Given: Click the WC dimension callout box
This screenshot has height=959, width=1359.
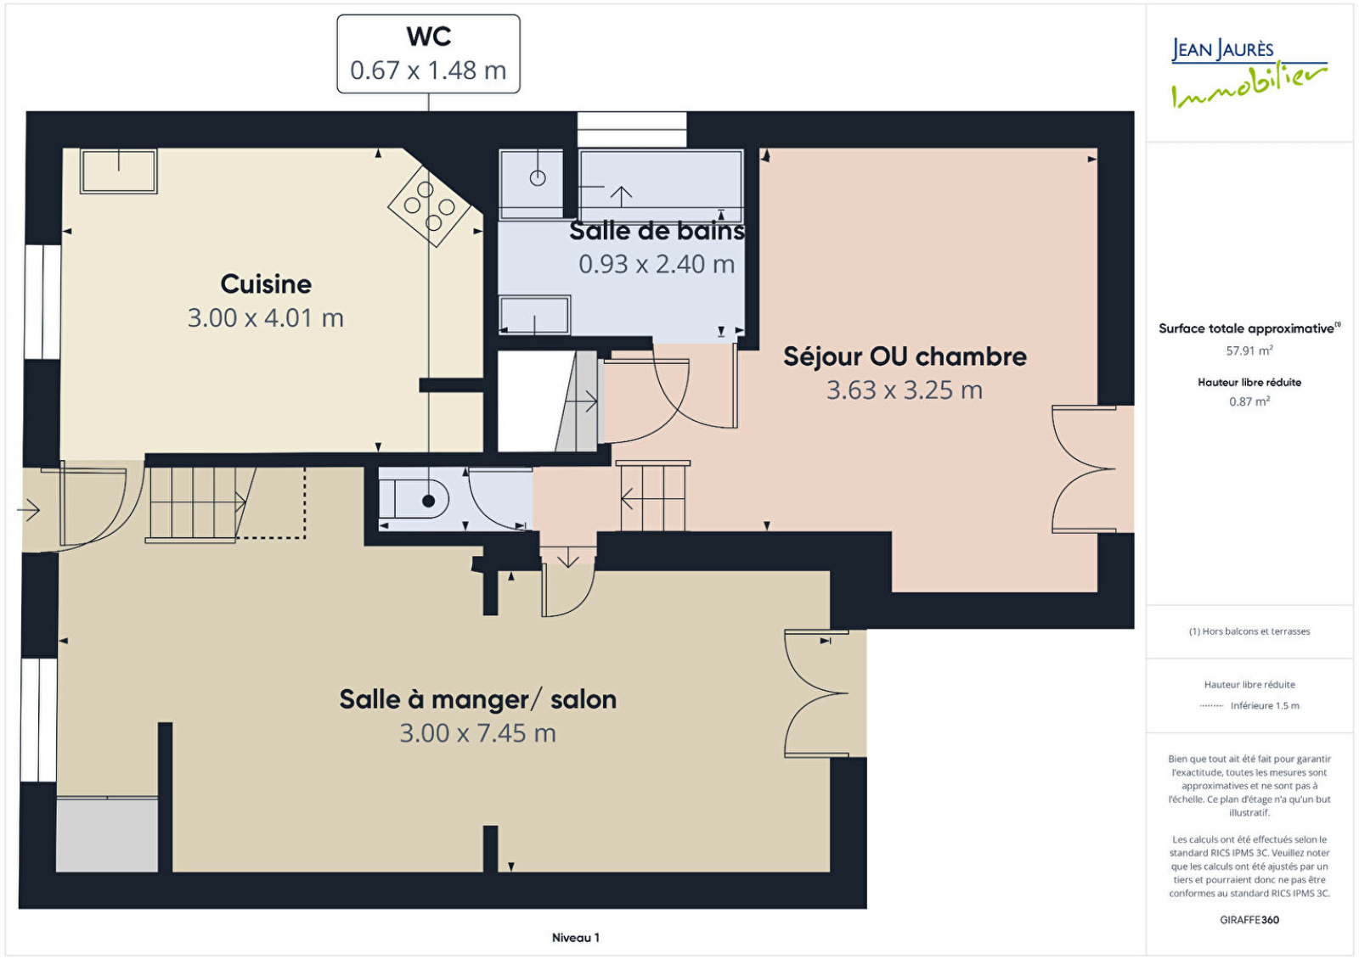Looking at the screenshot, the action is coord(428,54).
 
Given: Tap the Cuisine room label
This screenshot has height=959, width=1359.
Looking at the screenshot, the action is coord(266,284).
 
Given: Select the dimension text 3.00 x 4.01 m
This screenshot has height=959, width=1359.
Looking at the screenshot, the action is coord(266,318).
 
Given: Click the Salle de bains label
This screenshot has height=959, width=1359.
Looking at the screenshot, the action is coord(657,231).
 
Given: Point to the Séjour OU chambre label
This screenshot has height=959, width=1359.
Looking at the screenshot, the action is coord(905,356).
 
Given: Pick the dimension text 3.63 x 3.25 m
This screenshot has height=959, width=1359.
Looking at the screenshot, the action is coord(905,390).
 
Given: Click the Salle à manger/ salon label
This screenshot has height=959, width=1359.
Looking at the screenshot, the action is coord(478,699).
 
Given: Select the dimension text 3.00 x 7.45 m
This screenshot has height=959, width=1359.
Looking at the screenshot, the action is coord(478,733).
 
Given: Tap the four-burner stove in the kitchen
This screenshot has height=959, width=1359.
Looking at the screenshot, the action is coord(430,206).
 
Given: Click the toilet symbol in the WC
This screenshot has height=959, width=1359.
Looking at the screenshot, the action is coord(414,500).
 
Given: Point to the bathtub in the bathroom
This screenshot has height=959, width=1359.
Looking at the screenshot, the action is coord(662,186).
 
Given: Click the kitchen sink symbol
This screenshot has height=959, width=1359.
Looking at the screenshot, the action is coord(119,171).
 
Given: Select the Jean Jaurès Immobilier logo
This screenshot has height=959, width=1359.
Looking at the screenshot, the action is coord(1249,73).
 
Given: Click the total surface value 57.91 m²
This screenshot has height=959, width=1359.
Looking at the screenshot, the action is coord(1249,351).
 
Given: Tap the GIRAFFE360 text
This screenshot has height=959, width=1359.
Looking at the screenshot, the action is coord(1249,920).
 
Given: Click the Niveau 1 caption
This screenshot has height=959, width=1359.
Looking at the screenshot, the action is coord(575,938).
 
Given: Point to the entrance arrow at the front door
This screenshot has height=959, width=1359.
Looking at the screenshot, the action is coord(29,510).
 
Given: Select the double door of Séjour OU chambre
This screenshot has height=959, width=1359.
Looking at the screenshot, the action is coord(1084,469).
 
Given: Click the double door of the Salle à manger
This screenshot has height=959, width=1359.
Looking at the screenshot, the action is coord(816,693).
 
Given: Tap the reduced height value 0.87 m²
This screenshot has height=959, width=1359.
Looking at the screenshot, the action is coord(1249,401).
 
